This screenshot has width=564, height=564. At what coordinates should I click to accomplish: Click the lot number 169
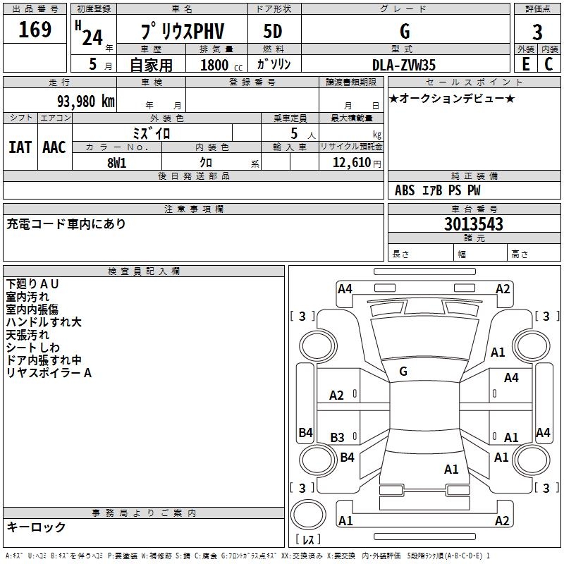pyautogui.click(x=35, y=30)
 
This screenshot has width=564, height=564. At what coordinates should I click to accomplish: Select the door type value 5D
pyautogui.click(x=273, y=32)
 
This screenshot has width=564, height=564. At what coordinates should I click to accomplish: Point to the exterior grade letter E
pyautogui.click(x=525, y=64)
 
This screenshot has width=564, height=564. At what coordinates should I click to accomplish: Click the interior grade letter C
pyautogui.click(x=549, y=64)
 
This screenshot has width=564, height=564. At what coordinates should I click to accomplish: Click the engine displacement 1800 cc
pyautogui.click(x=216, y=65)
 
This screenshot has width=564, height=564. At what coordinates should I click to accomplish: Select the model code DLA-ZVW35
pyautogui.click(x=404, y=65)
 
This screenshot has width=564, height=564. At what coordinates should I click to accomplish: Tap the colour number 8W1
pyautogui.click(x=118, y=162)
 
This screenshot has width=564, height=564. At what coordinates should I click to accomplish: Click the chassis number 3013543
pyautogui.click(x=474, y=225)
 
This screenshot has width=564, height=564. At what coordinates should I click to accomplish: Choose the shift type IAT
pyautogui.click(x=20, y=147)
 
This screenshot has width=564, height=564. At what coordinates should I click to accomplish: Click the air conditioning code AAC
pyautogui.click(x=54, y=147)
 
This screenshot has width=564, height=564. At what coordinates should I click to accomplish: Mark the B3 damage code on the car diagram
pyautogui.click(x=338, y=438)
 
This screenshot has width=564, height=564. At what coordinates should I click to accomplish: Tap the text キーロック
pyautogui.click(x=36, y=527)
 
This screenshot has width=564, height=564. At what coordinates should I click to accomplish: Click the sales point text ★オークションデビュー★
pyautogui.click(x=452, y=98)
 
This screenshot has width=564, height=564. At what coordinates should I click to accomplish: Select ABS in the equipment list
pyautogui.click(x=405, y=190)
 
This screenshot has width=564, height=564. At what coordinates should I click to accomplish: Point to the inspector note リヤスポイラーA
pyautogui.click(x=49, y=373)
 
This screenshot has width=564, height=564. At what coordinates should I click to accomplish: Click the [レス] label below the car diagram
pyautogui.click(x=308, y=540)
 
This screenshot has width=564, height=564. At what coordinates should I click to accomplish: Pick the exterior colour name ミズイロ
pyautogui.click(x=152, y=133)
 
